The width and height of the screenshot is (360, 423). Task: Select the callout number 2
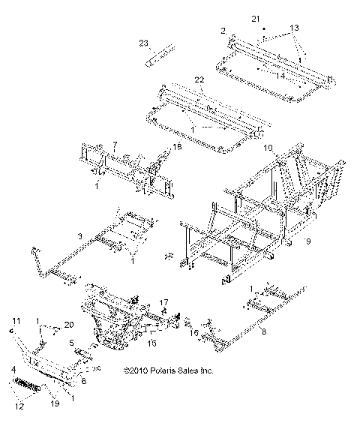223,31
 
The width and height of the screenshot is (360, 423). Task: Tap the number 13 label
294,27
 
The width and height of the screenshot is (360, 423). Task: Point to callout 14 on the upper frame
280,76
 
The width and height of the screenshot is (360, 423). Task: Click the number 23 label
144,43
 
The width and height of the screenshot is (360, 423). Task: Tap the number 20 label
69,324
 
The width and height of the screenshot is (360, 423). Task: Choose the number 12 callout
19,406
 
